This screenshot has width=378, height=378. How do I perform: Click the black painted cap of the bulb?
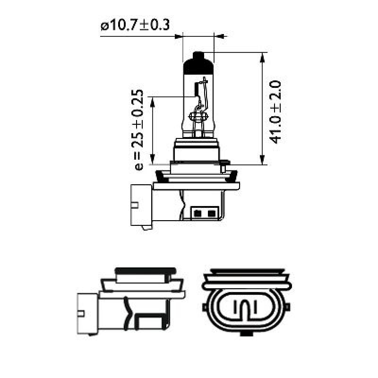[198, 64]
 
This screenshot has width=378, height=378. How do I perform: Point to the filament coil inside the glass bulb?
[198, 115]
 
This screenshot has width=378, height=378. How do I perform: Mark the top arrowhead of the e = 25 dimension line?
[153, 101]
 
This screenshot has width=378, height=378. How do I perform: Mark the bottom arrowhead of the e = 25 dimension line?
[153, 160]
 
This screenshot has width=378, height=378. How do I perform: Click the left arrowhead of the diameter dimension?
[179, 36]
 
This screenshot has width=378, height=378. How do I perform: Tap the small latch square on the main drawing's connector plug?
[136, 205]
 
